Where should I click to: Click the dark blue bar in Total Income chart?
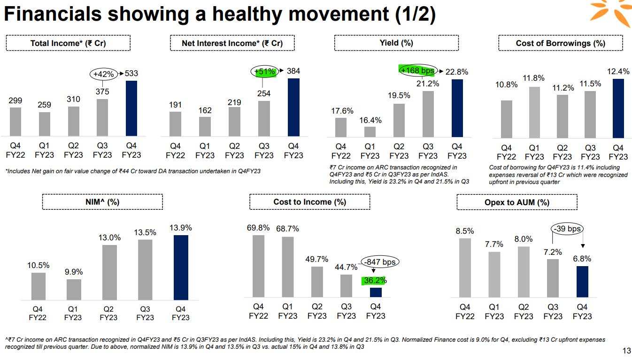[131, 108]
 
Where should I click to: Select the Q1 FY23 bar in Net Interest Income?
[205, 126]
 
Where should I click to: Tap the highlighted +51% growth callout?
[263, 71]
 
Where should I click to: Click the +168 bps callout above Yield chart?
[417, 70]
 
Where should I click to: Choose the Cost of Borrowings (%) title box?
[560, 43]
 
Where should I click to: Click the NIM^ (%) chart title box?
[102, 202]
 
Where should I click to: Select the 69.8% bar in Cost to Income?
[258, 266]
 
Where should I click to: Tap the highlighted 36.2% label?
[374, 281]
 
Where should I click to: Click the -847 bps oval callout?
[379, 262]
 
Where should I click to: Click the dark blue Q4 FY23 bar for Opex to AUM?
[582, 281]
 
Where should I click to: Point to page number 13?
[626, 351]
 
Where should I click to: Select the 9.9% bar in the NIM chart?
[73, 289]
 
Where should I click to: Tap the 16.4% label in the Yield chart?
[370, 120]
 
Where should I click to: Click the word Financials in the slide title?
[53, 15]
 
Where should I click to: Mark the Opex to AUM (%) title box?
[516, 202]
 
